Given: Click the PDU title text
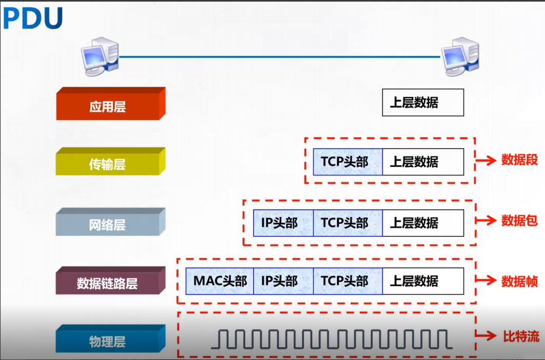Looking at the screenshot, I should pyautogui.click(x=33, y=18).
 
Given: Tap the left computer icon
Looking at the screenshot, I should pyautogui.click(x=100, y=56).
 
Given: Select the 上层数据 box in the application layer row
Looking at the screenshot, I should pyautogui.click(x=422, y=103).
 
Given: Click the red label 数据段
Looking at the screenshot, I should pyautogui.click(x=519, y=160).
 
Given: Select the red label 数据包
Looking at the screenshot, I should pyautogui.click(x=519, y=221).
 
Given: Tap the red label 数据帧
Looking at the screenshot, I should pyautogui.click(x=519, y=280).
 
